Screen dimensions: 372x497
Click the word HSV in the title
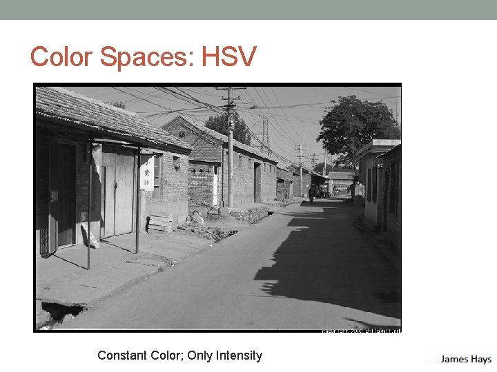tap(228, 57)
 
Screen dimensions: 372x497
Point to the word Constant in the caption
tap(121, 355)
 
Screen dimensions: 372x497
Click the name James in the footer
tap(455, 359)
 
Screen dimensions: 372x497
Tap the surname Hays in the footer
tap(481, 359)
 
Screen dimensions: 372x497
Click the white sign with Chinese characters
tap(146, 172)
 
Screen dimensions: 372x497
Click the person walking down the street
tap(311, 194)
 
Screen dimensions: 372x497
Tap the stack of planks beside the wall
tap(159, 223)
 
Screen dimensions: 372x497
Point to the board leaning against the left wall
tap(90, 235)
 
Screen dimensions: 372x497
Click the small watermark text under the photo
tap(361, 331)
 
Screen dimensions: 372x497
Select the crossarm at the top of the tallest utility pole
tap(230, 88)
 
